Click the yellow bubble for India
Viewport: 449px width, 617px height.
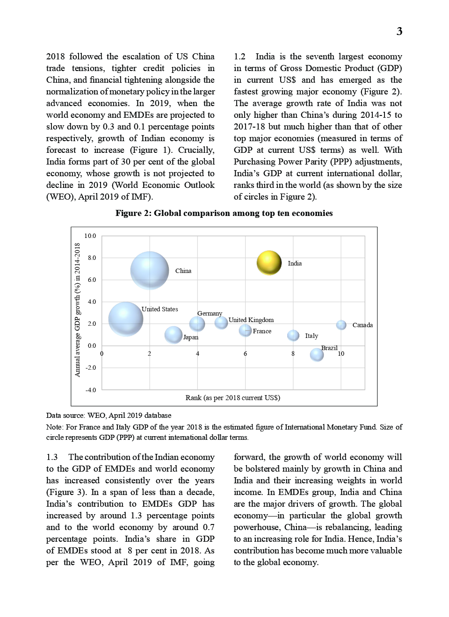(x=269, y=263)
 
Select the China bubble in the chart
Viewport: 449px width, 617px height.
(x=150, y=271)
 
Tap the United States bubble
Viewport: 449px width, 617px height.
(x=126, y=319)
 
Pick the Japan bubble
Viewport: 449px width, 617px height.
(x=174, y=335)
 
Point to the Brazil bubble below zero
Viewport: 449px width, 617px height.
(x=317, y=355)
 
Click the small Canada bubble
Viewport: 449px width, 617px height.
(x=341, y=325)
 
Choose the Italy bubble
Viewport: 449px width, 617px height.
(x=293, y=335)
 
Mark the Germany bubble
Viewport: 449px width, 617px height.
(x=197, y=323)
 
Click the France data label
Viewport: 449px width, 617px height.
(x=262, y=331)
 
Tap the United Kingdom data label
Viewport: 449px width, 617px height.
(x=251, y=320)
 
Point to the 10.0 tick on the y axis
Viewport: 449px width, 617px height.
(x=90, y=236)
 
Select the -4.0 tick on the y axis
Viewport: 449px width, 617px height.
(x=90, y=390)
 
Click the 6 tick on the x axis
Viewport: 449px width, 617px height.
(x=245, y=354)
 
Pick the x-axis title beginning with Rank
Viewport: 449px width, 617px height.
(x=233, y=398)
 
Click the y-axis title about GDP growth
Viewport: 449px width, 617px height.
(x=78, y=309)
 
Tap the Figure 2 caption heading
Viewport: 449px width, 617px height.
(x=224, y=213)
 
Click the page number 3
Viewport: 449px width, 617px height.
(x=399, y=31)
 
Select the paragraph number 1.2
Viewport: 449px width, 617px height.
(x=239, y=57)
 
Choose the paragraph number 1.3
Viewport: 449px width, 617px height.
(x=52, y=457)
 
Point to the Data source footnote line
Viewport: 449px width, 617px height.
(x=109, y=416)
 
